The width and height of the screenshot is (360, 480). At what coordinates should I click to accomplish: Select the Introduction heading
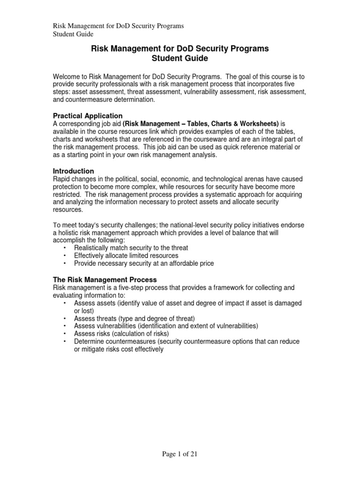pos(73,171)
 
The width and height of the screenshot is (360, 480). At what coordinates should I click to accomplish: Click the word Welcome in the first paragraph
pos(67,77)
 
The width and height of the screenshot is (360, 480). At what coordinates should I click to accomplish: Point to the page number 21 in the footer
pos(198,454)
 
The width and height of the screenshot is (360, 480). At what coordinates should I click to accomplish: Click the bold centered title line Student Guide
pos(180,59)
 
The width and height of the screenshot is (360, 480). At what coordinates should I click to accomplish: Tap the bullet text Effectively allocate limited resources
pos(126,255)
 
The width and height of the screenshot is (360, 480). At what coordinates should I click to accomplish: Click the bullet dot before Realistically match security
pos(64,247)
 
